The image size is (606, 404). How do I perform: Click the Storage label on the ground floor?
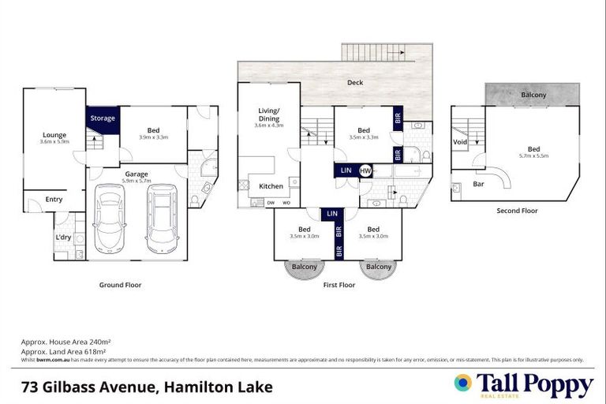tap(102, 118)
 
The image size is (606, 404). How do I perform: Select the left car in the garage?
tap(110, 219)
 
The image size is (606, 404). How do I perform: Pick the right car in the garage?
tap(162, 219)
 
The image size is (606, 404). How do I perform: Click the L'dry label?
tap(63, 238)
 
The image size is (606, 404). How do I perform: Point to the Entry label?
tap(54, 200)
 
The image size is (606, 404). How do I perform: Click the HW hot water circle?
tap(365, 170)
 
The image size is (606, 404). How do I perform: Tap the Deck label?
tap(354, 82)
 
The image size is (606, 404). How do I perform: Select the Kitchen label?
tap(271, 186)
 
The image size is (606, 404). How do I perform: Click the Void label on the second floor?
tap(460, 142)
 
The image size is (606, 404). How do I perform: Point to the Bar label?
tap(478, 184)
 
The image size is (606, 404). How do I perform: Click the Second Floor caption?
tap(517, 211)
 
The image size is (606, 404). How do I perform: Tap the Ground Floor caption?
tap(120, 284)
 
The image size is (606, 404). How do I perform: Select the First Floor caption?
tap(339, 284)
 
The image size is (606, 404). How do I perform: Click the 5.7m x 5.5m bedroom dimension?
tap(534, 157)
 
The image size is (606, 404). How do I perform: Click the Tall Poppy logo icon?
tap(463, 383)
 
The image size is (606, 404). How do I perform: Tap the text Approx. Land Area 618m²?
tap(63, 351)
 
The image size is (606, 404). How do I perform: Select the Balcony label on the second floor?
tap(533, 95)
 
